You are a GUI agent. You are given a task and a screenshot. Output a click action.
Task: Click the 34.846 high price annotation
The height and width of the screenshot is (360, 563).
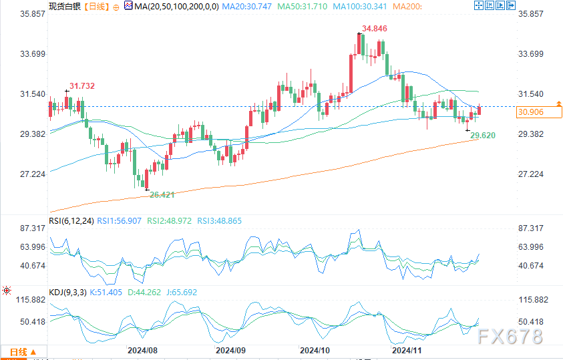point(375,29)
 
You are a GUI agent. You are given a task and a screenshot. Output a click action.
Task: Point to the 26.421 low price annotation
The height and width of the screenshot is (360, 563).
point(162,194)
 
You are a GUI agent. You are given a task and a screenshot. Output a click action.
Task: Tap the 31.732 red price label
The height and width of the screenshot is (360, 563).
point(82,85)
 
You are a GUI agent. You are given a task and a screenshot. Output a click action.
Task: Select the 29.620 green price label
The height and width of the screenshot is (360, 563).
point(483,136)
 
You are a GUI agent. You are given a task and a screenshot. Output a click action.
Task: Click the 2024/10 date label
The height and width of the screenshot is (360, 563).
point(315,349)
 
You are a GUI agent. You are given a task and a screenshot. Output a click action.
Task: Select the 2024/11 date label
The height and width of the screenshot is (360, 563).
point(406,349)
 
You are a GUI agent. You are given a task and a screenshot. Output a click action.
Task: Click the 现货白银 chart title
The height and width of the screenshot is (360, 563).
point(64,6)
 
